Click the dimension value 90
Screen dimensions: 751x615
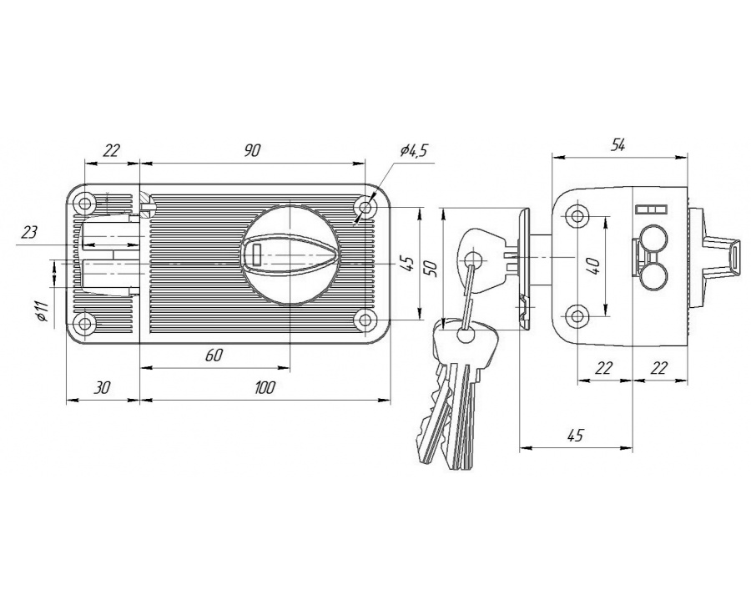point(252,151)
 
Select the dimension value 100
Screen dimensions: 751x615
point(265,388)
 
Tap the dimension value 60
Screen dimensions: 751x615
point(214,355)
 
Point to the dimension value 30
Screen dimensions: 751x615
point(102,388)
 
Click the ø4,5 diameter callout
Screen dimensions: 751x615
point(413,150)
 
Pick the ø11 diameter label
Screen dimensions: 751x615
point(43,311)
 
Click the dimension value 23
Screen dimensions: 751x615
point(29,234)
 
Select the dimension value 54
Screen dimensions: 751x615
point(617,145)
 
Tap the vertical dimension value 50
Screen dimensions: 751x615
point(431,268)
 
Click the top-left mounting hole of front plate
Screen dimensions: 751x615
point(85,204)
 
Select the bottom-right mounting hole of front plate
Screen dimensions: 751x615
point(365,320)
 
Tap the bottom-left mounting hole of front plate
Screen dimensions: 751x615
point(85,324)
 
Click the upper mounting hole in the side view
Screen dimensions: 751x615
point(577,216)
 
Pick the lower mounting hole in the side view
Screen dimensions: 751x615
point(577,316)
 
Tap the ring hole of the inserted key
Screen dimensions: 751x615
point(473,260)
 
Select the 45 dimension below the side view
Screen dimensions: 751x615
point(575,436)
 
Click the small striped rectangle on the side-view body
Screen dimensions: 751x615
point(651,209)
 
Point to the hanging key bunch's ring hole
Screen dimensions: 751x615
point(465,335)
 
